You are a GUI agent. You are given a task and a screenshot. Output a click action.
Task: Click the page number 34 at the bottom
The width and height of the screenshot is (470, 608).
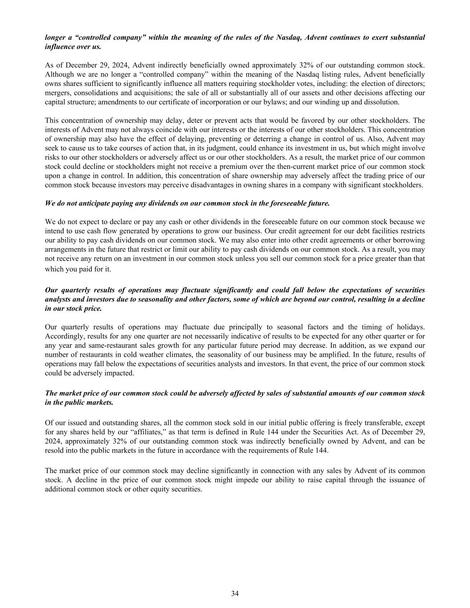pyautogui.click(x=235, y=593)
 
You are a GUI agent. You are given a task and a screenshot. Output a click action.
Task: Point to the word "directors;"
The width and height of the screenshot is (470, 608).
pyautogui.click(x=409, y=83)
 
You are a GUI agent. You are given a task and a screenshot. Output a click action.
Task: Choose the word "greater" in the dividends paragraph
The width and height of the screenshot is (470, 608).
pyautogui.click(x=386, y=258)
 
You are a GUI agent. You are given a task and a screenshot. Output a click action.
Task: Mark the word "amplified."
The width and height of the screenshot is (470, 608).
pyautogui.click(x=325, y=355)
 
